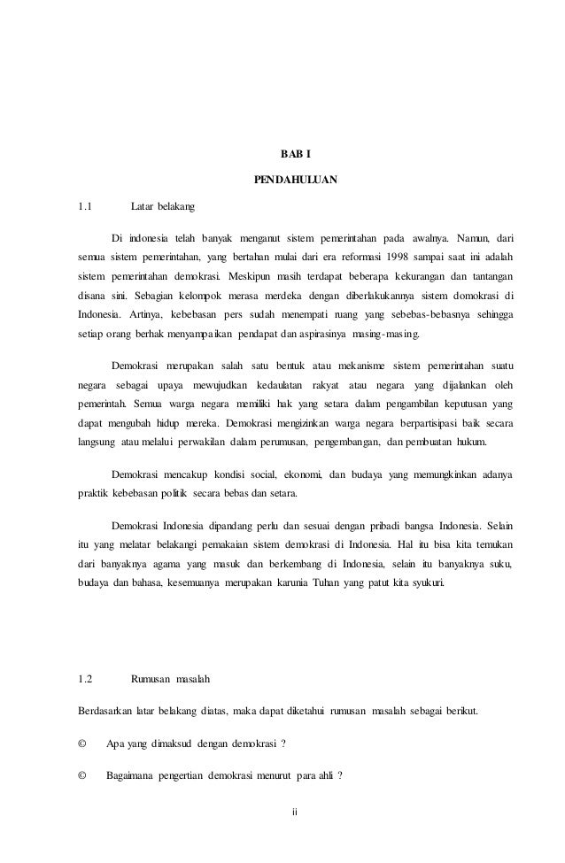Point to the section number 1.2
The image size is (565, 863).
click(84, 680)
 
